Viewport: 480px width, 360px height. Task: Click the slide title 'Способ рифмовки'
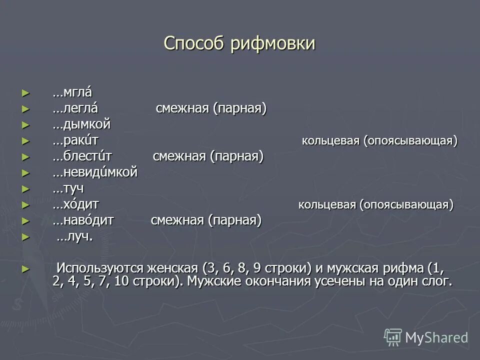[239, 43]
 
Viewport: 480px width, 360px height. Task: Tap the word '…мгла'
[72, 92]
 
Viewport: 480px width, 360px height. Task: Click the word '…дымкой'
[81, 124]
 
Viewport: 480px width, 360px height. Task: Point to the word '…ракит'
[77, 140]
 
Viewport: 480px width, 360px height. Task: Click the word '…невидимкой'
[94, 172]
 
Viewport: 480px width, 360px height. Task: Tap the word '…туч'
[68, 188]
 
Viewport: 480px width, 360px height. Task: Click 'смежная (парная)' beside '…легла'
[211, 108]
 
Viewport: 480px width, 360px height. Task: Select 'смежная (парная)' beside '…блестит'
[208, 156]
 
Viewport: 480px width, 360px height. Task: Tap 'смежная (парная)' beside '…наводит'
[206, 220]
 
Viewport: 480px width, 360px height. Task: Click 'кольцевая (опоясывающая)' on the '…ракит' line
[379, 141]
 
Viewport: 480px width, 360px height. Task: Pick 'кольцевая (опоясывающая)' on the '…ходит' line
[376, 205]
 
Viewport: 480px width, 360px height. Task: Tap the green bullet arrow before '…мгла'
[26, 93]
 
